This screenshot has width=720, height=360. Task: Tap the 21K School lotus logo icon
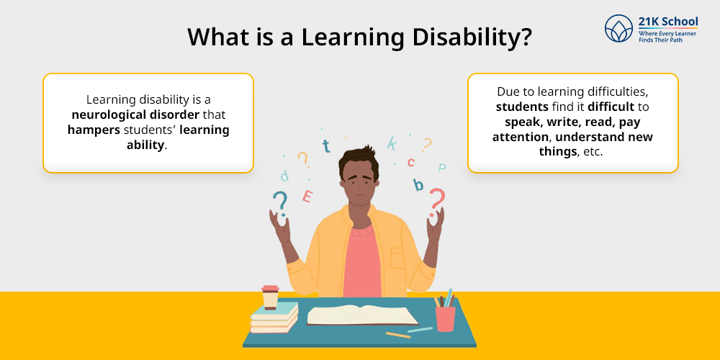(618, 28)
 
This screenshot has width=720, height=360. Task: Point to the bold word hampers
(94, 130)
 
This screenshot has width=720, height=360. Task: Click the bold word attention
(521, 137)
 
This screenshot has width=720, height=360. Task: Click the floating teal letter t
(326, 145)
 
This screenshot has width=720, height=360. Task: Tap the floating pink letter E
(307, 196)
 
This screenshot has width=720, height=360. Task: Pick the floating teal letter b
(418, 184)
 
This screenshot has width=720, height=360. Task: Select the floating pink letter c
(411, 162)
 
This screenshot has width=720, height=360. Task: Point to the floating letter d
(284, 176)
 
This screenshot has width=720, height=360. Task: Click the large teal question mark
(281, 204)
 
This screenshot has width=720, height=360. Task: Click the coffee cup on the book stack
(270, 297)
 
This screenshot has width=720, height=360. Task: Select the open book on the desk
(363, 315)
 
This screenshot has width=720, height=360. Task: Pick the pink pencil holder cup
(446, 319)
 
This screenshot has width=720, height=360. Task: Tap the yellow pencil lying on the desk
(398, 336)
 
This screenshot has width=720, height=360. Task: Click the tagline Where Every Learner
(667, 34)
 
